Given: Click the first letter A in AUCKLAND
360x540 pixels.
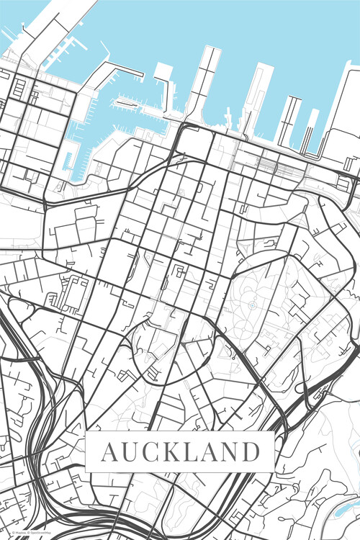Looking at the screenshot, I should (109, 453).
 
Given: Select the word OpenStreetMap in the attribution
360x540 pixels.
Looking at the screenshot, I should (39, 534).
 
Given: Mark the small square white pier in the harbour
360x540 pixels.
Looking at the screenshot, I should (163, 73).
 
